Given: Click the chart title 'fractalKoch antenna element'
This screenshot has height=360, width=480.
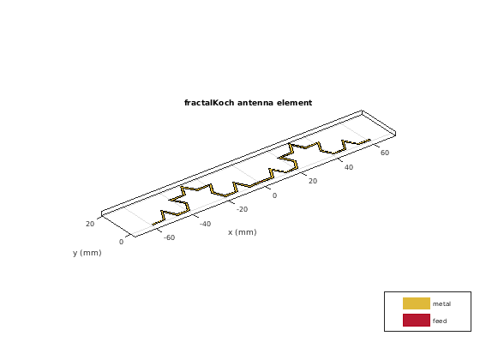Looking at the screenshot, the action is (x=248, y=103).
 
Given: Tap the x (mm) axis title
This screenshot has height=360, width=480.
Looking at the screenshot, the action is (x=242, y=232).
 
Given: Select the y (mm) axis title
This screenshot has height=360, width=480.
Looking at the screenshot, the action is (x=87, y=253).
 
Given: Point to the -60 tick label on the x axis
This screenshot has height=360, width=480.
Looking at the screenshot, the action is (x=170, y=237).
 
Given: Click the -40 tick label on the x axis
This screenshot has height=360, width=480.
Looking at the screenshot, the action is (x=205, y=224).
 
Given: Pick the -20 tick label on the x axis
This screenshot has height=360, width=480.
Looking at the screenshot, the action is (x=242, y=209).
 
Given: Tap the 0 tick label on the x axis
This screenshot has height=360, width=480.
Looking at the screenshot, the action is (x=274, y=195).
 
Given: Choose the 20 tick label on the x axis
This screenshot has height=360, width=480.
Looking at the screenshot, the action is (x=313, y=181).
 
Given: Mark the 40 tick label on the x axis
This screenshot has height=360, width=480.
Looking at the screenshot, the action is (x=349, y=167).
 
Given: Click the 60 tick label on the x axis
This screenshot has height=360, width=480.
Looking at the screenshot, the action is (x=385, y=153).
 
